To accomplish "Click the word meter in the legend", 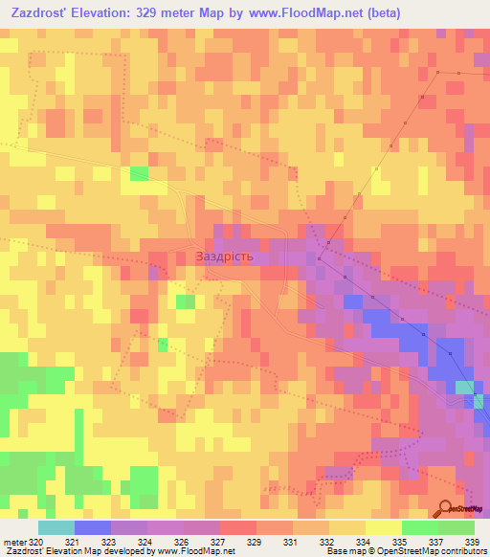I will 13,542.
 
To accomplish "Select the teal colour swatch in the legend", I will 56,527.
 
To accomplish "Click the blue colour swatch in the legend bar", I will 92,527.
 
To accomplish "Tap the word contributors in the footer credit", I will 464,550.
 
